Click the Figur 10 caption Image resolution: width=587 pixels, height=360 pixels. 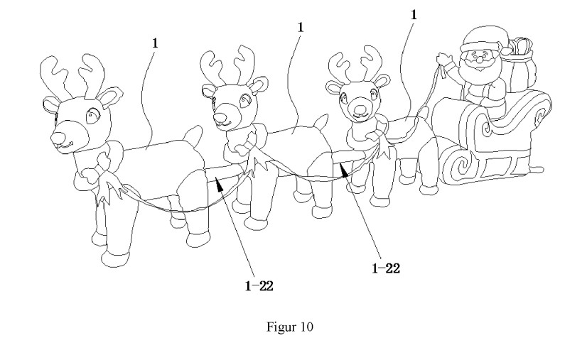[290, 327]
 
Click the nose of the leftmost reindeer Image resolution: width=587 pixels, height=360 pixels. [58, 139]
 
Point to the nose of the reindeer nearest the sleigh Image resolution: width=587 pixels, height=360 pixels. [360, 109]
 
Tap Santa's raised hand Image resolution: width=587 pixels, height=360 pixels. [445, 59]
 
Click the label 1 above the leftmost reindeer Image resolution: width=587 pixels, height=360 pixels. [155, 43]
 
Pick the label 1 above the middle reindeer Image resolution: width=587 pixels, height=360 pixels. [300, 27]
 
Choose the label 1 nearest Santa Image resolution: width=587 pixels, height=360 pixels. [414, 15]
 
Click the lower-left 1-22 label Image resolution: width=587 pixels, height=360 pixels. [259, 286]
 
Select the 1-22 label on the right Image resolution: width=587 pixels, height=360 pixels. [386, 268]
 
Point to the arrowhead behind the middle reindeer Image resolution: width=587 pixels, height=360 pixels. [344, 169]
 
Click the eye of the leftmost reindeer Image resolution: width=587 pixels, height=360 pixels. [92, 116]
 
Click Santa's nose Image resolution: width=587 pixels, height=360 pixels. [478, 59]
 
